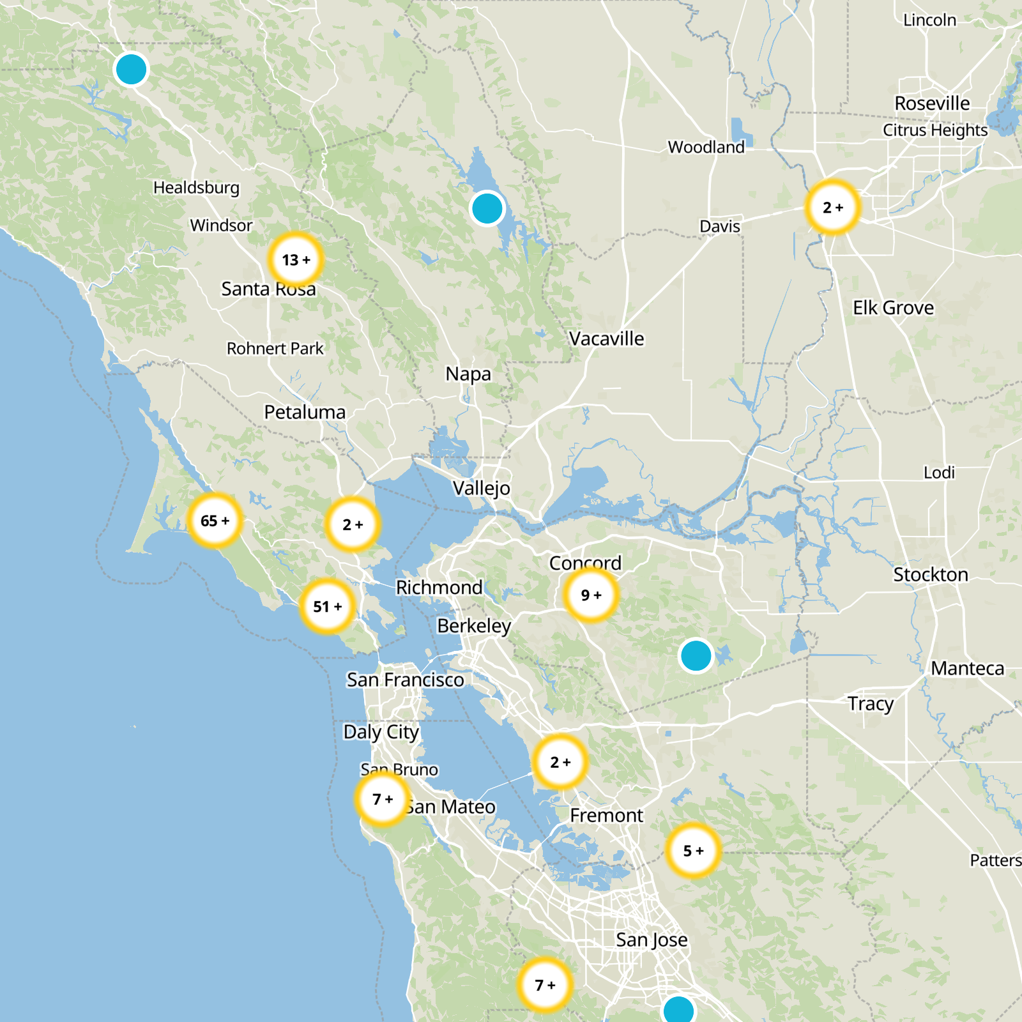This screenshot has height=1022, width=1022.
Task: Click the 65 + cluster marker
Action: point(215,521)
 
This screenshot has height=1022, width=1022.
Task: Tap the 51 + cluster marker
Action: point(327,606)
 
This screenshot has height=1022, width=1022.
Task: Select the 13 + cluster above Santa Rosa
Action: point(296,259)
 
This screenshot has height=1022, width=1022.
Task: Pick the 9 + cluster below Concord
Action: point(591,595)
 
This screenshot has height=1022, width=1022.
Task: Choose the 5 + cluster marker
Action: point(693,850)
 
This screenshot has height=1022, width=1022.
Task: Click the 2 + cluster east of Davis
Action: point(832,207)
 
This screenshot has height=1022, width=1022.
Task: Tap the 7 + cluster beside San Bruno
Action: point(383,799)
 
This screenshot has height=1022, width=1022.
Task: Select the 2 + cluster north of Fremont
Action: point(560,761)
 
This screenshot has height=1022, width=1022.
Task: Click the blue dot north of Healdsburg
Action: point(131,69)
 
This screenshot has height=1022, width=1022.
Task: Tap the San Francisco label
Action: point(405,680)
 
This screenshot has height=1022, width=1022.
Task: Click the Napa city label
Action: point(468,374)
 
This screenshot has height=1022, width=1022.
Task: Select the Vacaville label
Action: point(606,339)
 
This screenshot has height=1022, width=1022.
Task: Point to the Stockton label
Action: point(930,574)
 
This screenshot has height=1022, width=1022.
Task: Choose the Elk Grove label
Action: point(893,308)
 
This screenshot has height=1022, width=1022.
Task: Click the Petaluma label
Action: point(305,412)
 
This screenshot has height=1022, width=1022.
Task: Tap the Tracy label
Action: point(870,703)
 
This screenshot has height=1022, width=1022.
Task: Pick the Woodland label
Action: point(706,147)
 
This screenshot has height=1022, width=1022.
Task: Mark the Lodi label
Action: point(939,473)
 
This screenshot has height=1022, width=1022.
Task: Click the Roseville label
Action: point(931,103)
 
